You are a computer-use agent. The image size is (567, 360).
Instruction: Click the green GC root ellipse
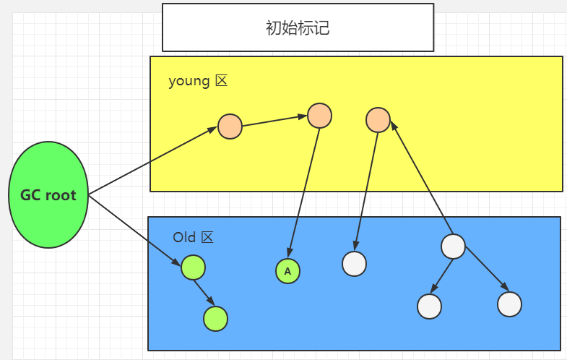(x=48, y=195)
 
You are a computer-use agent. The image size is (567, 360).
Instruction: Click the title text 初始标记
(x=298, y=28)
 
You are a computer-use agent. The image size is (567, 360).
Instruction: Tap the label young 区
(x=198, y=80)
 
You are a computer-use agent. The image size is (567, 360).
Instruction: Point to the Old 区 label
(x=194, y=237)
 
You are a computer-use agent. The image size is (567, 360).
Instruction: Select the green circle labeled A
(x=287, y=271)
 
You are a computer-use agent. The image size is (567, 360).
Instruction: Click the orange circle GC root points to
(x=230, y=127)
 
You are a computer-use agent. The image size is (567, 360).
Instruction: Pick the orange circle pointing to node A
(x=319, y=116)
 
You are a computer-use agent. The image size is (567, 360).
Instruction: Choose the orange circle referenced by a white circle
(x=378, y=120)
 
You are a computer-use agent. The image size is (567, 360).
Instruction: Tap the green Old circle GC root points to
(x=194, y=268)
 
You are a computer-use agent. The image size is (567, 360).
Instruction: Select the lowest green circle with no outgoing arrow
(x=216, y=318)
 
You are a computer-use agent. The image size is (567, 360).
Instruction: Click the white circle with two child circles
(x=453, y=247)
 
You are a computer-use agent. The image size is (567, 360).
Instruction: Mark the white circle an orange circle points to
(x=354, y=264)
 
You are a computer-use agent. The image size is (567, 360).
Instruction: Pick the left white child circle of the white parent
(x=429, y=307)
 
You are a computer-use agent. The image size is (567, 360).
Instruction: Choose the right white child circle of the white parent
(x=509, y=304)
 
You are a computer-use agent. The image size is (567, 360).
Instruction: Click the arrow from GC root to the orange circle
(x=152, y=161)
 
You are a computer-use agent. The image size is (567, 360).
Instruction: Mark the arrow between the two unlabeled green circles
(x=205, y=293)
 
